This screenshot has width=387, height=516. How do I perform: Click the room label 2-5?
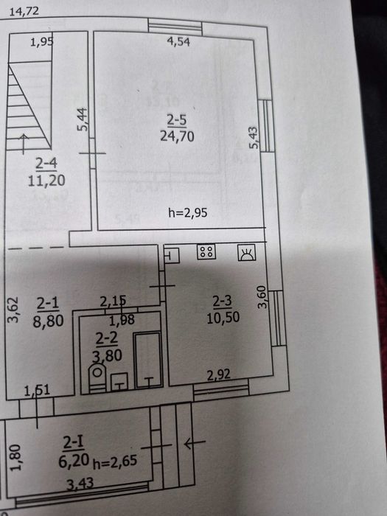click(177, 119)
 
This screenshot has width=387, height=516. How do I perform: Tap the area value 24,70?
click(177, 136)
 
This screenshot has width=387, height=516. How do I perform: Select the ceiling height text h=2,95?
click(187, 213)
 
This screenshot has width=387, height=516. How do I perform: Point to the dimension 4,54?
click(178, 42)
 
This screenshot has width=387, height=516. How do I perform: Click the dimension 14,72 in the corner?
click(24, 12)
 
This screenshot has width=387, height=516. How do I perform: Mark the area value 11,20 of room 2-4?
click(46, 181)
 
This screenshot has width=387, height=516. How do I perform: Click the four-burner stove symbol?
click(206, 252)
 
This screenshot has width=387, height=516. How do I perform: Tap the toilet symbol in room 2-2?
click(97, 377)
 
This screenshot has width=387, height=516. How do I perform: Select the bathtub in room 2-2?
click(148, 360)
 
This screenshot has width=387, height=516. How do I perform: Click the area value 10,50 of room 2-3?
click(223, 318)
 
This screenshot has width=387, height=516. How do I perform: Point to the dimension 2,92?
click(218, 374)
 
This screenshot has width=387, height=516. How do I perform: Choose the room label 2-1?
click(48, 304)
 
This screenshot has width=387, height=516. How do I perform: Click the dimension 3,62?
click(13, 310)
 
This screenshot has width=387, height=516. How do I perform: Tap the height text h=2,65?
click(115, 461)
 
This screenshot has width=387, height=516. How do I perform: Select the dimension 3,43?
click(80, 484)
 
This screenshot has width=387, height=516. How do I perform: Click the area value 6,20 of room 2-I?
click(74, 460)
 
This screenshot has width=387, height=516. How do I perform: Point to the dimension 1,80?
click(15, 458)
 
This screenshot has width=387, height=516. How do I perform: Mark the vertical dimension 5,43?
click(254, 138)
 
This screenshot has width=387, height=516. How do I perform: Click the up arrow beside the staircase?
click(24, 144)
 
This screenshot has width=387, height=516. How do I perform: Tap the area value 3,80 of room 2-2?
click(107, 355)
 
